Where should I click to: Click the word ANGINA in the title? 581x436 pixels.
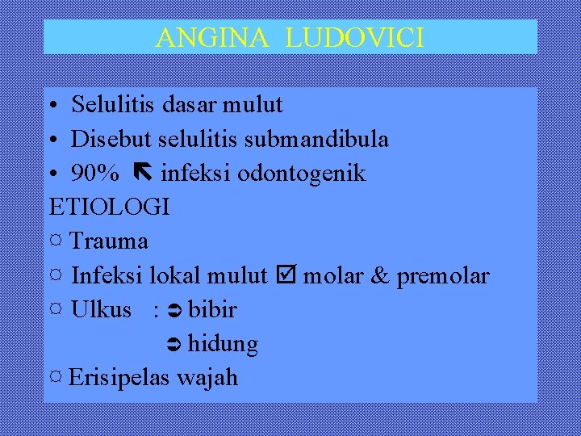pos(212,37)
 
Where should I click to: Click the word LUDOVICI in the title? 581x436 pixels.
pos(354,37)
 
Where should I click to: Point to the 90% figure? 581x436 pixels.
pos(95,174)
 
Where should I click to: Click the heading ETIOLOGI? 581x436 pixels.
pos(110,208)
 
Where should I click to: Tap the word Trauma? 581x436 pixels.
pos(110,241)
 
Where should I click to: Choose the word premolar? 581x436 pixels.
pos(442,276)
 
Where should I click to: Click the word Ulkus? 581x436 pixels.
pos(101,310)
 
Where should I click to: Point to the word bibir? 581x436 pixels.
pos(212,310)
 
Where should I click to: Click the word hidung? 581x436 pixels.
pos(223,345)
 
